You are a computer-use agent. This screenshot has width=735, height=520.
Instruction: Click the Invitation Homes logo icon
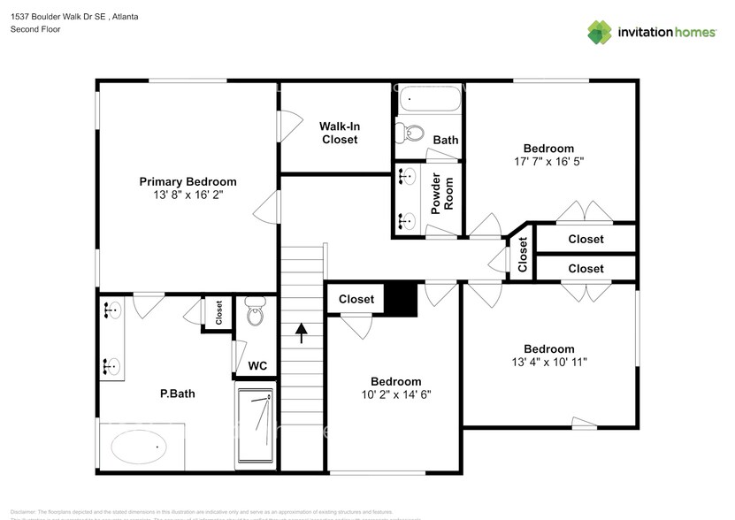600,32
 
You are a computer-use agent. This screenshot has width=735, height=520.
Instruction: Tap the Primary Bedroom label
188,181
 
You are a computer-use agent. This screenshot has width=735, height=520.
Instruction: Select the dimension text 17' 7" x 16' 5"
548,162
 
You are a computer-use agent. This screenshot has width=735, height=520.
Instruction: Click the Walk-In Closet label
340,133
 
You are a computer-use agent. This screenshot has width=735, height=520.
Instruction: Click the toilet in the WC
255,312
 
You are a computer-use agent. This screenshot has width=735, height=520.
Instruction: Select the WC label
257,365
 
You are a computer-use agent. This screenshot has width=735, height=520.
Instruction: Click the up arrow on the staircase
301,333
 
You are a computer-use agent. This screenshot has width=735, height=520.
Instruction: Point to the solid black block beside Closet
404,299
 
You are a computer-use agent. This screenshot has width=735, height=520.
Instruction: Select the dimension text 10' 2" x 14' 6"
395,395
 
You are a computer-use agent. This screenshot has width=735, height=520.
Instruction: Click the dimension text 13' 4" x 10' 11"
548,362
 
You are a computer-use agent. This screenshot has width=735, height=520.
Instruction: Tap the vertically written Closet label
523,255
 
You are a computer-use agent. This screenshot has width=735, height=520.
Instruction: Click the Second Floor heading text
34,29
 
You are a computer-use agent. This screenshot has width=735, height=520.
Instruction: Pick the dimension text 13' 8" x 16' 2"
188,195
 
